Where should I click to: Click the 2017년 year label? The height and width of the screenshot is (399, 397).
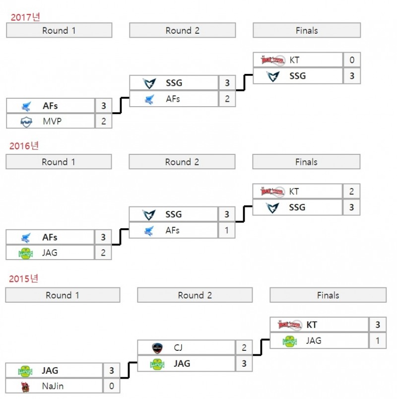(25, 17)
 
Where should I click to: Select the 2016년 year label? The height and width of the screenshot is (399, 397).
(24, 146)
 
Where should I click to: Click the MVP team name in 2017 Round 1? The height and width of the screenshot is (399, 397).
(52, 121)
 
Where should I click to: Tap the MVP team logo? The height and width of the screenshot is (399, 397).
(26, 121)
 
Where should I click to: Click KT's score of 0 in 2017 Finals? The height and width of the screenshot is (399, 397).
(351, 60)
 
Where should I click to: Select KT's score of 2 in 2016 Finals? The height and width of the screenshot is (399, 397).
(351, 192)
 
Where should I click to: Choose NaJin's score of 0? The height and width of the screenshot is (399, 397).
(111, 386)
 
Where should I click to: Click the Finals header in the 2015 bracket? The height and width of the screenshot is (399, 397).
(328, 295)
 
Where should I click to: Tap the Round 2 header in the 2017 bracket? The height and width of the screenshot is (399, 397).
(182, 31)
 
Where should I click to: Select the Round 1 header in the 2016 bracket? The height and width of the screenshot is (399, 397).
(59, 162)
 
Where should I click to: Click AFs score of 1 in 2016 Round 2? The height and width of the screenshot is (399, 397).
(227, 230)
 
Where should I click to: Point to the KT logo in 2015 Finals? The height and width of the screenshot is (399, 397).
(289, 325)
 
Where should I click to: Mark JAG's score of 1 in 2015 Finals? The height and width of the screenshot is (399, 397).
(378, 340)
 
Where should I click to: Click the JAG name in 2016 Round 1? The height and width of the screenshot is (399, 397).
(50, 253)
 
